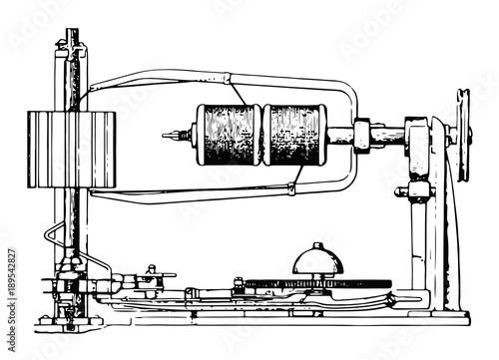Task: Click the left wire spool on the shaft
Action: pos(229,135)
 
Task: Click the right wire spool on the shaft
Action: pos(293,135)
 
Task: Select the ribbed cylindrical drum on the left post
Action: pos(71,150)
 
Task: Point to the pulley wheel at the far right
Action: pos(463,135)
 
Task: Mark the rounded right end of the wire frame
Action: pos(355,135)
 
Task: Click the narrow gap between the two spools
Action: pos(261,135)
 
